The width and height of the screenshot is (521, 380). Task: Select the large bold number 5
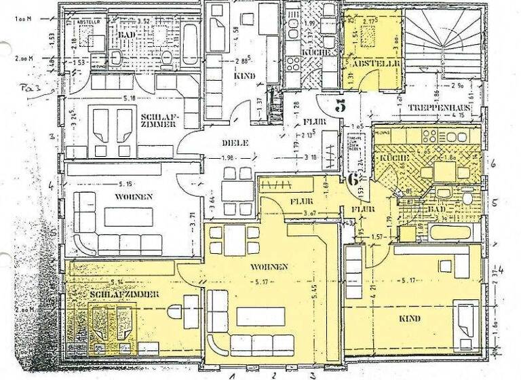(341, 105)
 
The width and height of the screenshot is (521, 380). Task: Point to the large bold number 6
(353, 180)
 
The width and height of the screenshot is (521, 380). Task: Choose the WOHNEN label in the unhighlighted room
(134, 197)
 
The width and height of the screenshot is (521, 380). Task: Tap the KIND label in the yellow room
(410, 318)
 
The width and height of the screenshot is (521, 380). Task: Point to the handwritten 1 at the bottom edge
(233, 375)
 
